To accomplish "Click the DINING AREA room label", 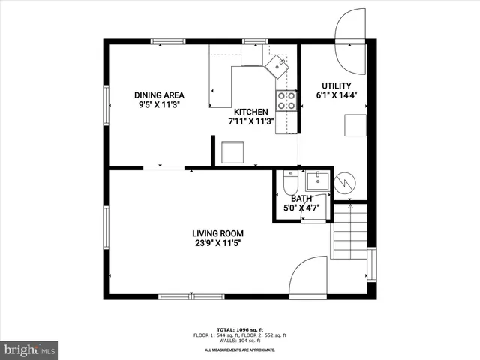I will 159,95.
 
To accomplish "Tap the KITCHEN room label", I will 251,111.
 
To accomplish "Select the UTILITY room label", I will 336,85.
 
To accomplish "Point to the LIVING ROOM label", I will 217,233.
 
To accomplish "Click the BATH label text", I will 301,199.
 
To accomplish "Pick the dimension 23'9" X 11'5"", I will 217,243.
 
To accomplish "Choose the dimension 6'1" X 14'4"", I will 336,95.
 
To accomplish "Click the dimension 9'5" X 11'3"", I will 159,105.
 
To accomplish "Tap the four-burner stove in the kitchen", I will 285,100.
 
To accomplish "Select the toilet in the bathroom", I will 290,183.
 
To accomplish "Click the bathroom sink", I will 316,180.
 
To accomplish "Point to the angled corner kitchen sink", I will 279,66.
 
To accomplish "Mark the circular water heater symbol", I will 346,181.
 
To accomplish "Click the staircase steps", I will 349,238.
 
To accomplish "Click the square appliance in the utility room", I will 355,125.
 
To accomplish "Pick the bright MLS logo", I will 30,349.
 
